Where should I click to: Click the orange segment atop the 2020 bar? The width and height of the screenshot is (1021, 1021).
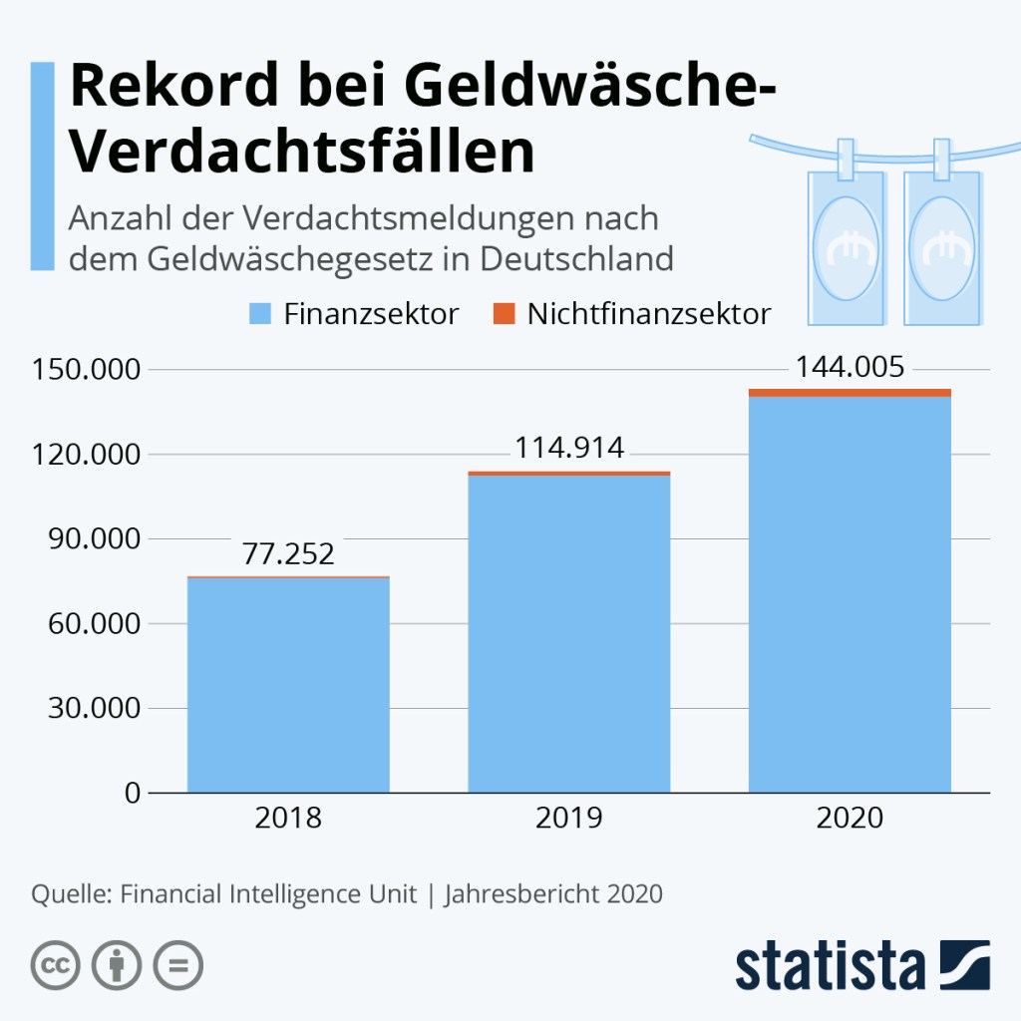[x=850, y=393]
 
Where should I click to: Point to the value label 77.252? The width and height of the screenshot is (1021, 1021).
[x=288, y=554]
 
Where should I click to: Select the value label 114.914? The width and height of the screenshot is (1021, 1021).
[x=569, y=449]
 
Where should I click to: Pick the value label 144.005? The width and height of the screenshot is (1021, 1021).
[x=850, y=368]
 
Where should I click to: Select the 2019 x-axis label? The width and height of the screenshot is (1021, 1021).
[x=569, y=819]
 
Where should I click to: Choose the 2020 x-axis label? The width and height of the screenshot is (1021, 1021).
[x=850, y=819]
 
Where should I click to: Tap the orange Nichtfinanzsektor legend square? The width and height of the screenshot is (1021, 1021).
[x=504, y=314]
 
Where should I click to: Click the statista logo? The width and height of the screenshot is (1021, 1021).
[x=862, y=964]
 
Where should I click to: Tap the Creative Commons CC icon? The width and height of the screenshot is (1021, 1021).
[x=56, y=964]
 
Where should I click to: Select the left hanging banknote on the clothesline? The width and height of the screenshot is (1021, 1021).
[x=846, y=244]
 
